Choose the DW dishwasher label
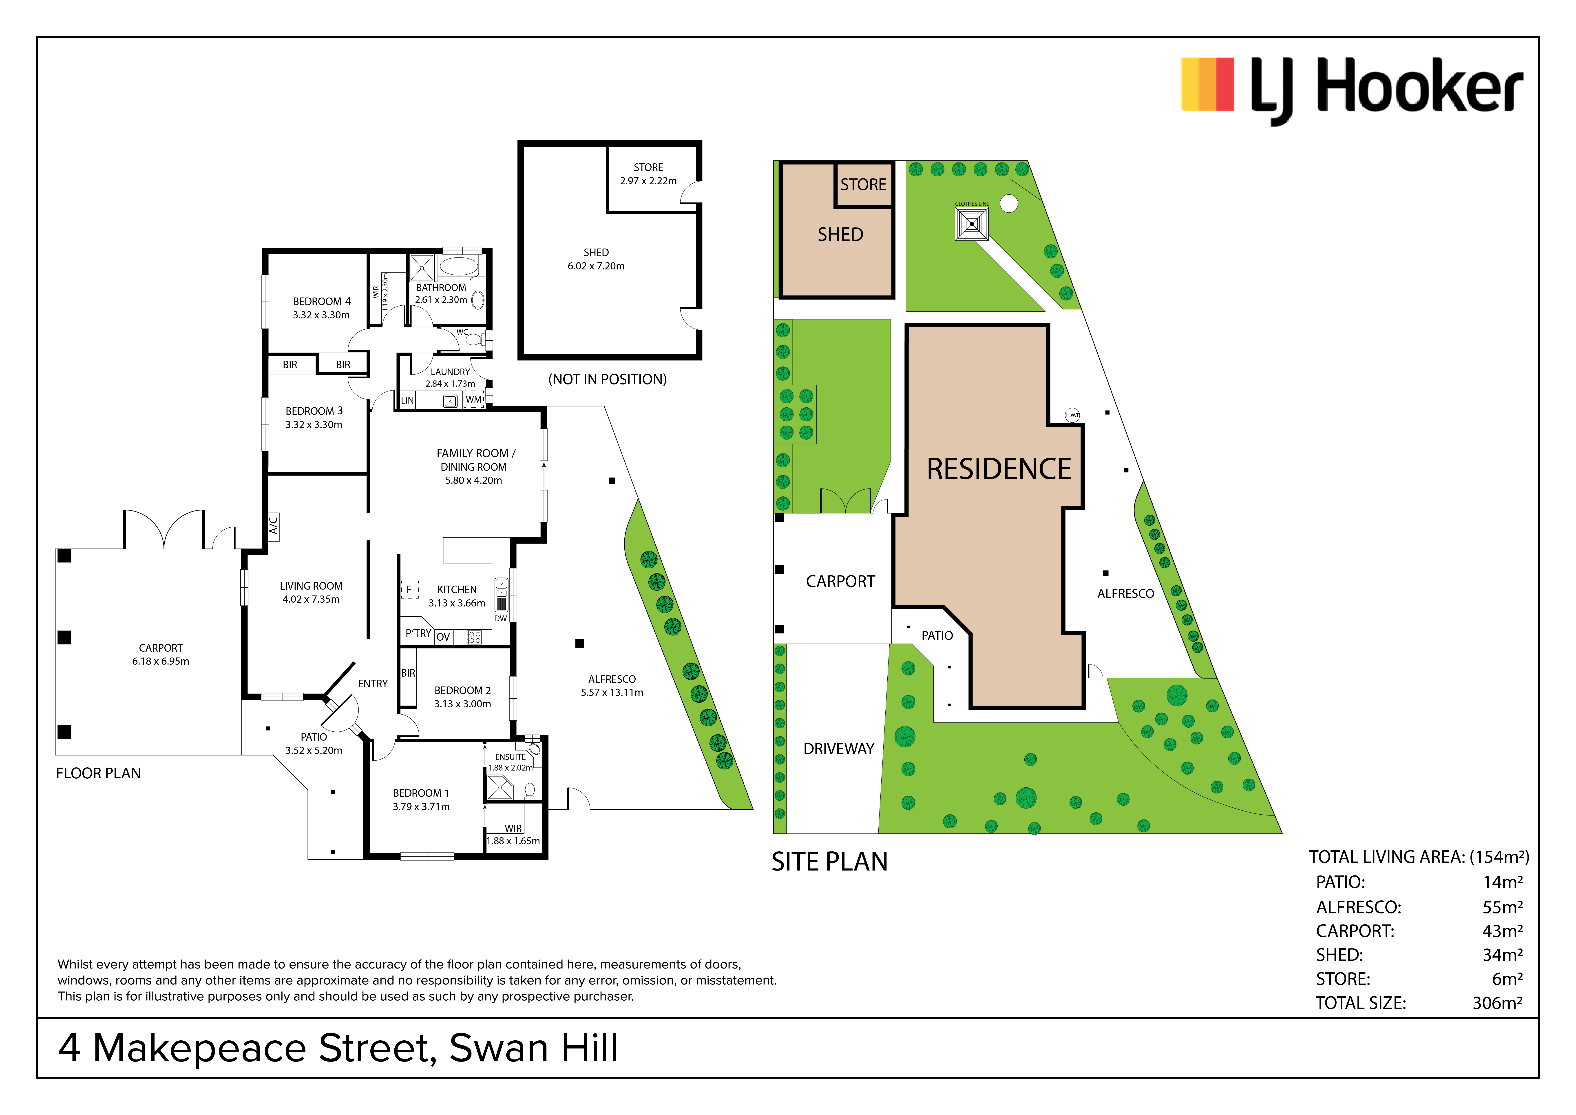point(500,619)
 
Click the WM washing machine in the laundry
point(474,400)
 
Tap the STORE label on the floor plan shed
point(648,168)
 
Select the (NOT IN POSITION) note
point(608,380)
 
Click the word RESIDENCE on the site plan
point(999,470)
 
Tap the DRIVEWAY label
point(839,749)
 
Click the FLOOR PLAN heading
point(98,774)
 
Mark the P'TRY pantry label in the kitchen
point(418,633)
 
